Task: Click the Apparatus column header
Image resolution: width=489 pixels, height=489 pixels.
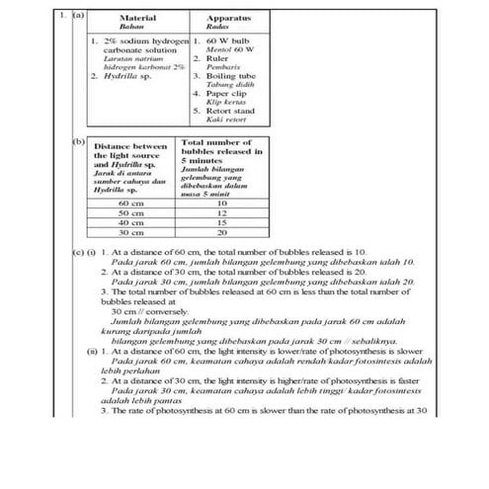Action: (x=228, y=18)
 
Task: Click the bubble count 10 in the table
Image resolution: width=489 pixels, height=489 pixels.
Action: (x=221, y=204)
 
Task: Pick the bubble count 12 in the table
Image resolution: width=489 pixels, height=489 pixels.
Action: (x=221, y=213)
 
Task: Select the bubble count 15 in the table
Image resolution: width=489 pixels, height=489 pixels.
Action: (x=221, y=223)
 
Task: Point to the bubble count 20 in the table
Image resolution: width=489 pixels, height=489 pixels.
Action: (x=221, y=233)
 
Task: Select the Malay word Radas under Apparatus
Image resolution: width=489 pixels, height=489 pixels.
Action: (x=228, y=28)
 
